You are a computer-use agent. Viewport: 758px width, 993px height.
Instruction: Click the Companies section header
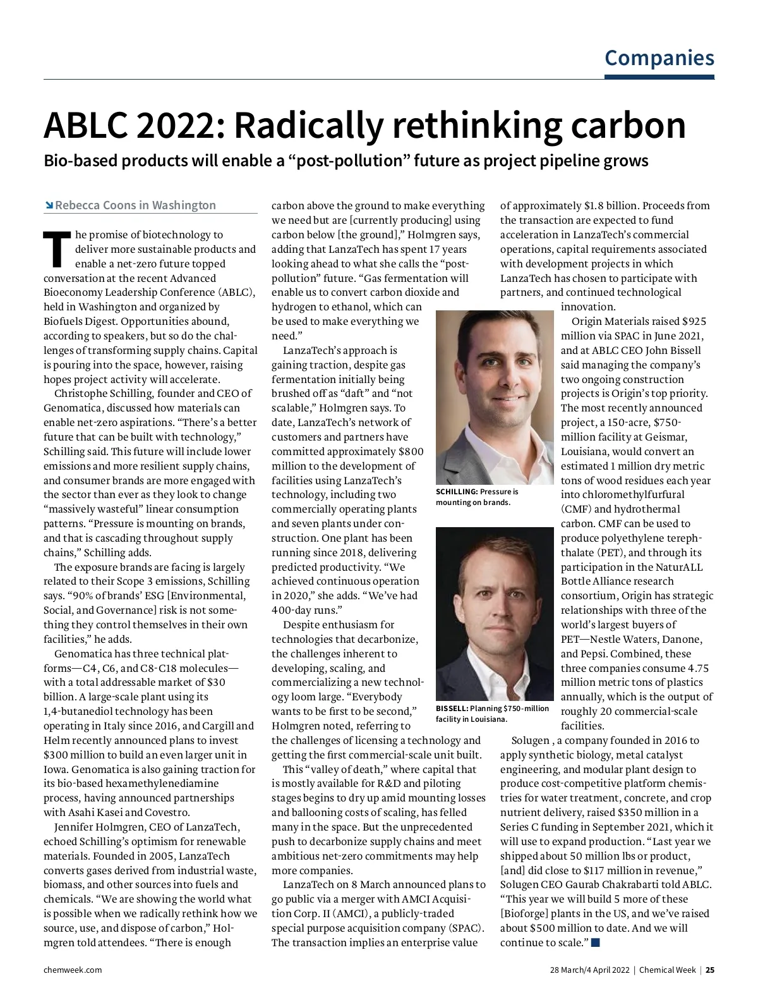[659, 58]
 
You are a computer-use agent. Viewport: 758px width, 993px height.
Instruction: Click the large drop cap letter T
[56, 249]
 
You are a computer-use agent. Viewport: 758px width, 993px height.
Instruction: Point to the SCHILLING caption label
[456, 492]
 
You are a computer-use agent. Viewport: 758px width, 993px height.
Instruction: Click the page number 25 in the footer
[710, 970]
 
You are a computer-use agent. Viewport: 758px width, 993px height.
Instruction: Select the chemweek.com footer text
[72, 970]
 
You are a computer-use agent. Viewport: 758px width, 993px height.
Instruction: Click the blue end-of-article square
[595, 942]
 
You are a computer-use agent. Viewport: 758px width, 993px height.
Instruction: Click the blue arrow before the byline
[49, 205]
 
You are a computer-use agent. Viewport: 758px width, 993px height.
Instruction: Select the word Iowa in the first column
[55, 769]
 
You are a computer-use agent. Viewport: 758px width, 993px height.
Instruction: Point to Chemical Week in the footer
[667, 970]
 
